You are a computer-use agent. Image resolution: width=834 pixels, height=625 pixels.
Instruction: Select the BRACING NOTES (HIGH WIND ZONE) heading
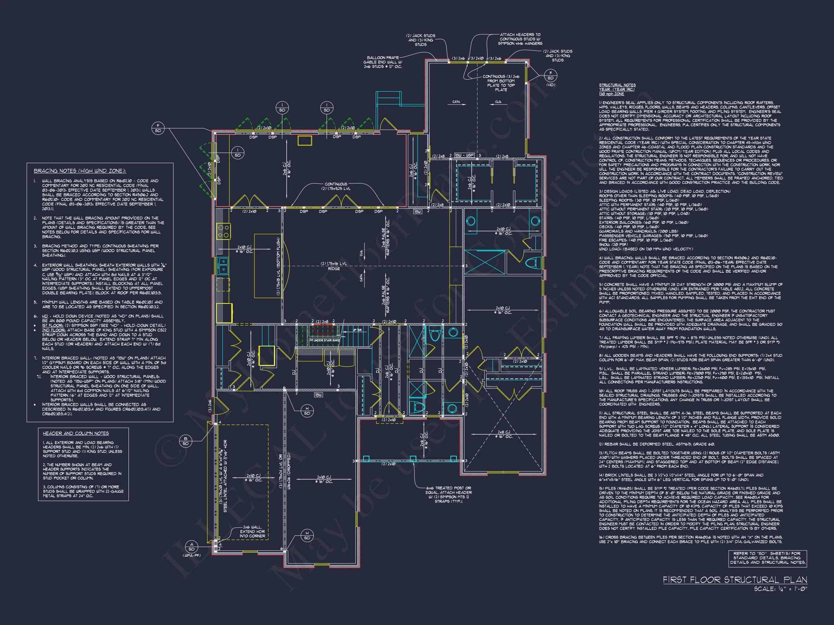[x=80, y=171]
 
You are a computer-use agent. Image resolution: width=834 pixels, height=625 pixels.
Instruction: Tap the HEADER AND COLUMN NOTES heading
[x=76, y=433]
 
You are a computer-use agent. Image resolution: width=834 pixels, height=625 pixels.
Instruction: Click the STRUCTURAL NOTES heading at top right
[x=617, y=85]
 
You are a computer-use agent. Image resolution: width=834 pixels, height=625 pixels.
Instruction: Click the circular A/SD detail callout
[x=192, y=547]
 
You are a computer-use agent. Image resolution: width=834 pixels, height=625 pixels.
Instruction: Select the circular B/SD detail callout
[x=185, y=441]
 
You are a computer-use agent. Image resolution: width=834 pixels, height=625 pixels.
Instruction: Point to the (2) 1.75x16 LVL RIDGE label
[x=334, y=266]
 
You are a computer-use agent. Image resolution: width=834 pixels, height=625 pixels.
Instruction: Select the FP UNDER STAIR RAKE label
[x=325, y=340]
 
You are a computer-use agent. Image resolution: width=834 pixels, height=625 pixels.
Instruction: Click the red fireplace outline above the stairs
[x=323, y=329]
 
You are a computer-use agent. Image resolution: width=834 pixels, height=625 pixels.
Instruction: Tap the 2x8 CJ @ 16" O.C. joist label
[x=504, y=434]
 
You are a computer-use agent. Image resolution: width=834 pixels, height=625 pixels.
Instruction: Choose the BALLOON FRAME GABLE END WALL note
[x=382, y=62]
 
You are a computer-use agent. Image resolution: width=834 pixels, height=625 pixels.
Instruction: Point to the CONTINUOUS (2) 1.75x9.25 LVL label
[x=336, y=186]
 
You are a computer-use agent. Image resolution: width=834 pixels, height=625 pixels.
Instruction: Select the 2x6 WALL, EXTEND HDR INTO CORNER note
[x=252, y=531]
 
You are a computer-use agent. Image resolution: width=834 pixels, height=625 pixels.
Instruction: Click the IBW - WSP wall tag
[x=464, y=156]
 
